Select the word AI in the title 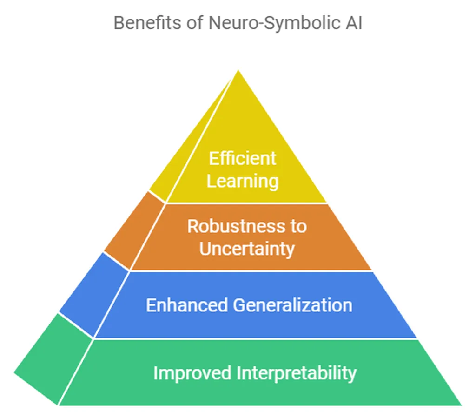[352, 23]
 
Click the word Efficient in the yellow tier [242, 159]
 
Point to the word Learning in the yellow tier [242, 181]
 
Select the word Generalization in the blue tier [292, 305]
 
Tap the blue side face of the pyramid [93, 293]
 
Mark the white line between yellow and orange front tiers [246, 203]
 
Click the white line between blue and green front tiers [256, 339]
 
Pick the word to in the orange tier [297, 226]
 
